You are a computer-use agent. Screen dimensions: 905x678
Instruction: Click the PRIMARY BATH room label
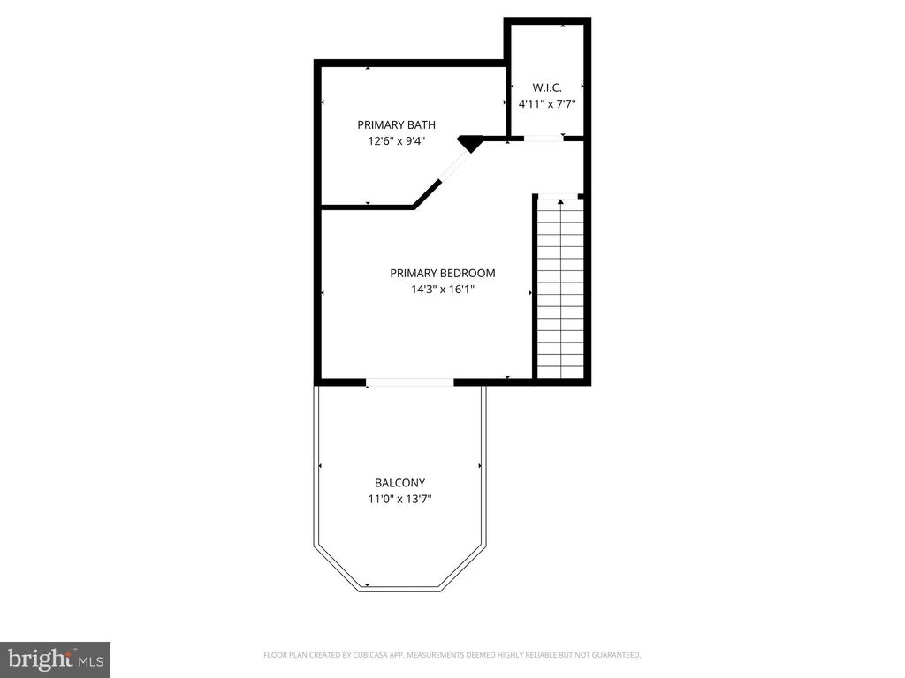pyautogui.click(x=396, y=124)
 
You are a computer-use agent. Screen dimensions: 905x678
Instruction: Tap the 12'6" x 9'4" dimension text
pyautogui.click(x=397, y=140)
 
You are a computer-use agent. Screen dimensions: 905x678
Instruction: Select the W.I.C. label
pyautogui.click(x=546, y=87)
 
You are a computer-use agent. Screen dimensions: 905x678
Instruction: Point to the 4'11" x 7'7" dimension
pyautogui.click(x=547, y=104)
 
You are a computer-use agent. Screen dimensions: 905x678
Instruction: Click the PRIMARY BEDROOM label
pyautogui.click(x=442, y=273)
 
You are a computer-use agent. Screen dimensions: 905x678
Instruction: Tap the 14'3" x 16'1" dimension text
pyautogui.click(x=443, y=289)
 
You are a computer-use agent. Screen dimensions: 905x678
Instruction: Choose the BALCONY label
pyautogui.click(x=399, y=483)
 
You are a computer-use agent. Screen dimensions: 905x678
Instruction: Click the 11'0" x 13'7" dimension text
pyautogui.click(x=400, y=499)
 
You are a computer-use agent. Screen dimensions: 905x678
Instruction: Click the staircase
pyautogui.click(x=560, y=289)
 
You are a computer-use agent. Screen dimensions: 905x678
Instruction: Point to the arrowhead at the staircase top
pyautogui.click(x=560, y=202)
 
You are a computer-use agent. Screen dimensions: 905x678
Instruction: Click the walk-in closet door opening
pyautogui.click(x=544, y=139)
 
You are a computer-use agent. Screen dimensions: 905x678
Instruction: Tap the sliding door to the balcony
pyautogui.click(x=410, y=381)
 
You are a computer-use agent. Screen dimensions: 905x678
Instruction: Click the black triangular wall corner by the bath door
pyautogui.click(x=470, y=142)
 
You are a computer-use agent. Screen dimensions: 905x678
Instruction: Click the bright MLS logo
pyautogui.click(x=56, y=659)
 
